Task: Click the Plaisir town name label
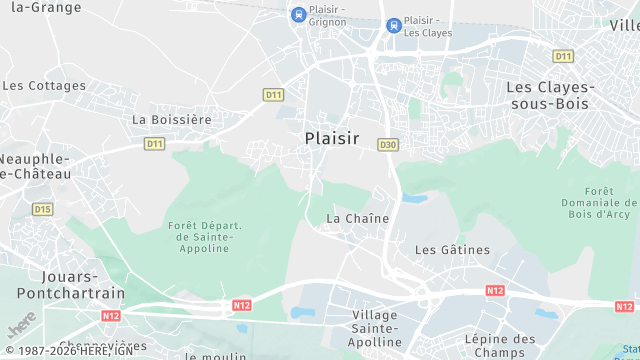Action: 331,139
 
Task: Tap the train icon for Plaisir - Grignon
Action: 297,14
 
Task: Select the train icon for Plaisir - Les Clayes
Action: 394,25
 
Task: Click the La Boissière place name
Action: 172,119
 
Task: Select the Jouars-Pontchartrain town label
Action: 70,284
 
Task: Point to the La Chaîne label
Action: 358,218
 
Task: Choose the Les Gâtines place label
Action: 452,249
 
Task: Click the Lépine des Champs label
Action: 500,346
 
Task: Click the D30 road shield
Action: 388,145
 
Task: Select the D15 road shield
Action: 42,209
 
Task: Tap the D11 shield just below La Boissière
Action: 154,144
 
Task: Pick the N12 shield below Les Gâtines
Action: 494,290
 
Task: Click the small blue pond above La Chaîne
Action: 415,198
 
